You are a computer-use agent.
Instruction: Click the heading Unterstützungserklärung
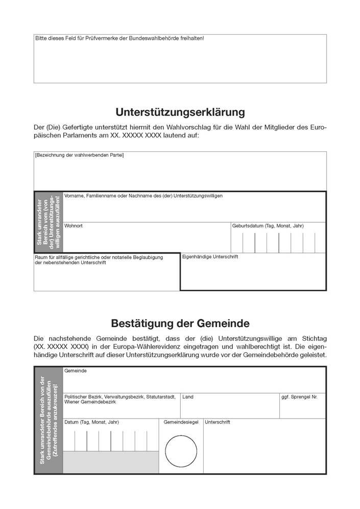click(x=180, y=111)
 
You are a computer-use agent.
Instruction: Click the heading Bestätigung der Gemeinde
click(x=180, y=323)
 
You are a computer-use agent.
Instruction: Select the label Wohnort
click(x=74, y=225)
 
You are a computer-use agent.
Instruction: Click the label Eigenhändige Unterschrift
click(x=210, y=257)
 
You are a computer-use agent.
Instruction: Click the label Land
click(x=188, y=397)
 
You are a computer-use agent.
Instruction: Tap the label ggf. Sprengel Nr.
click(x=299, y=397)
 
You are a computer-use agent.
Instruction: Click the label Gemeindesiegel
click(x=180, y=423)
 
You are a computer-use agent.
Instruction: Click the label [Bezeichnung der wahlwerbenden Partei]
click(x=79, y=155)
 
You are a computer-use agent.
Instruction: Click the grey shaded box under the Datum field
click(x=110, y=462)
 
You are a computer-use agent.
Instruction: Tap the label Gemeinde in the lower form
click(x=75, y=371)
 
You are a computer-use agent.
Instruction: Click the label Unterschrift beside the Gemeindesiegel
click(x=218, y=423)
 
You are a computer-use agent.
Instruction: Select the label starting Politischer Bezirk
click(x=120, y=397)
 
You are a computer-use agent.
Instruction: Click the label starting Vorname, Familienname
click(x=143, y=195)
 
